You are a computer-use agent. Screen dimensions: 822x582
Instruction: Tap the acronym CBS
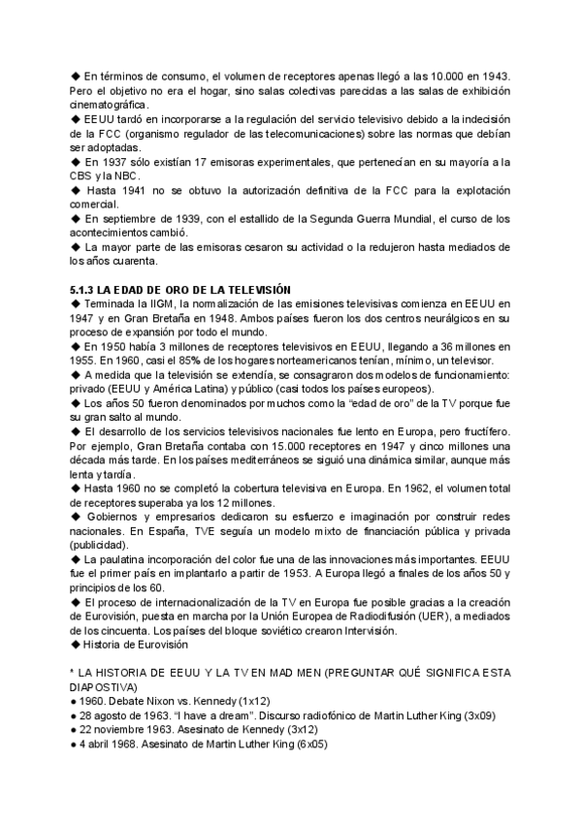86,175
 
